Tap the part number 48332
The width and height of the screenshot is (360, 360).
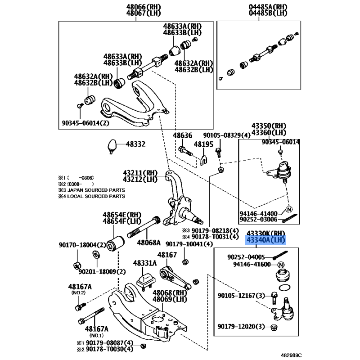135,144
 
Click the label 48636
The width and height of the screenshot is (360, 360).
183,135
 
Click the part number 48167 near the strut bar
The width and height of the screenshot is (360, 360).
167,255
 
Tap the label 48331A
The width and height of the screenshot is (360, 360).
144,263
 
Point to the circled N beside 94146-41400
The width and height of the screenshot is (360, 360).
289,209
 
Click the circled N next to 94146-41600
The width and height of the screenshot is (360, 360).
281,265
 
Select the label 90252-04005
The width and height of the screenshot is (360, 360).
246,257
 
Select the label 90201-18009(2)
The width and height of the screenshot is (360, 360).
102,272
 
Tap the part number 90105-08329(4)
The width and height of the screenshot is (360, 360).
227,135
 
